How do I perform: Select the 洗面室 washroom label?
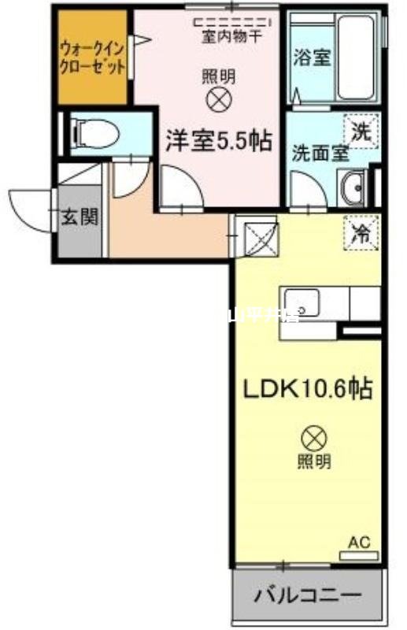click(320, 153)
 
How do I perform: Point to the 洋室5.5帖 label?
click(218, 142)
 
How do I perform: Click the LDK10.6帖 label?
click(306, 388)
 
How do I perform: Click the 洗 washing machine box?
click(360, 131)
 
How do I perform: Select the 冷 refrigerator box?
click(361, 232)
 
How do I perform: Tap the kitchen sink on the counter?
click(303, 302)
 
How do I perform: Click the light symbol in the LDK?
click(314, 435)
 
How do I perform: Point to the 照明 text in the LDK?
click(314, 461)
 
